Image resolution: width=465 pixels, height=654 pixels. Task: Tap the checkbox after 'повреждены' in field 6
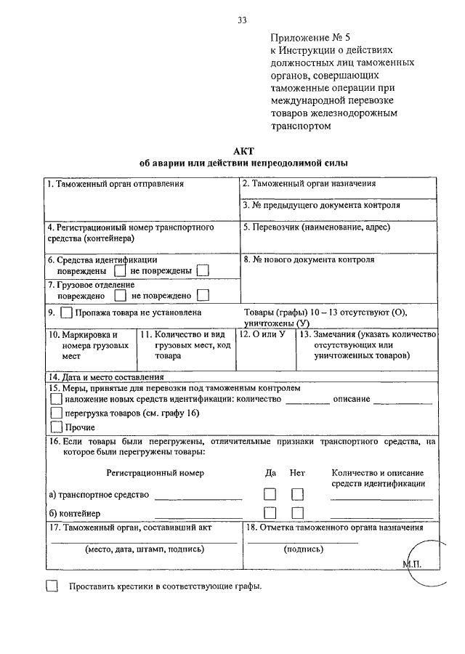pos(121,271)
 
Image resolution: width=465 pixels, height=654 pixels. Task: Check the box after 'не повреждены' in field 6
pos(203,271)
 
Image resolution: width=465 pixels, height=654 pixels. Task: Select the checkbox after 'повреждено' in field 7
pos(120,295)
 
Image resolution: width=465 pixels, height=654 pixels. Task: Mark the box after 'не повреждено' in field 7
pos(203,295)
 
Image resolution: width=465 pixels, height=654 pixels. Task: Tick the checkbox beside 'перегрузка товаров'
pos(56,413)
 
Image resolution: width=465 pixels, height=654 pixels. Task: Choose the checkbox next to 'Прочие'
pos(56,427)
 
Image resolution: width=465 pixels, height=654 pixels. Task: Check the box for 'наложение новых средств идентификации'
pos(56,399)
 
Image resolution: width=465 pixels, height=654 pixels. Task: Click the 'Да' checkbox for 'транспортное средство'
pos(270,494)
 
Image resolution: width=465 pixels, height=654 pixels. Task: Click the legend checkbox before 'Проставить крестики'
pos(52,586)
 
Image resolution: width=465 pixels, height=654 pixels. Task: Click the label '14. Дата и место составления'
pos(105,377)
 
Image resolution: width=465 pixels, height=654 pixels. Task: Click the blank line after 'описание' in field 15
pos(403,402)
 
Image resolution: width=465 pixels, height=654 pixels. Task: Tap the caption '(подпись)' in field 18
pos(303,550)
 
